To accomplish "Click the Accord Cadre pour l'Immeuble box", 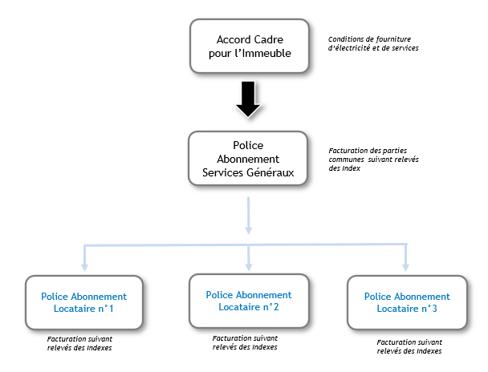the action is pyautogui.click(x=250, y=46).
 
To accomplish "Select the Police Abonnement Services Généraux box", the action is pyautogui.click(x=248, y=159).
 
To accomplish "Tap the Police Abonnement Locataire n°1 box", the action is pyautogui.click(x=84, y=302).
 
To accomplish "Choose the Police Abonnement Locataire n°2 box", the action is pyautogui.click(x=249, y=301).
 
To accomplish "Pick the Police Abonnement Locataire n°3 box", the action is pyautogui.click(x=407, y=302).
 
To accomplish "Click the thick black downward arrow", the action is pyautogui.click(x=248, y=99).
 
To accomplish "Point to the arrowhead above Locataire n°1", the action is pyautogui.click(x=84, y=268).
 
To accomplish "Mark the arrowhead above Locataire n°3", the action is pyautogui.click(x=405, y=268).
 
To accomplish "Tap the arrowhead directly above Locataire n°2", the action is pyautogui.click(x=249, y=267).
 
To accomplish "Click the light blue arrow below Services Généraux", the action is pyautogui.click(x=248, y=216).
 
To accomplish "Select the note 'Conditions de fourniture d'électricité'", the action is pyautogui.click(x=373, y=43).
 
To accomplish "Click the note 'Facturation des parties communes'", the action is pyautogui.click(x=373, y=160).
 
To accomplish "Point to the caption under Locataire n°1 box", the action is pyautogui.click(x=79, y=343).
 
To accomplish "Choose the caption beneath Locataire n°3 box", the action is pyautogui.click(x=409, y=346).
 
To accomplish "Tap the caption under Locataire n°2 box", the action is pyautogui.click(x=245, y=342).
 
